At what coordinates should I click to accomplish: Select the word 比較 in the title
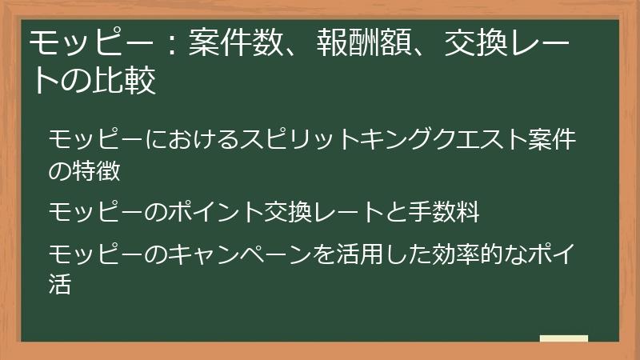pyautogui.click(x=129, y=82)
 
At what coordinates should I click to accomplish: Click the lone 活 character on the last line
pyautogui.click(x=61, y=284)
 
